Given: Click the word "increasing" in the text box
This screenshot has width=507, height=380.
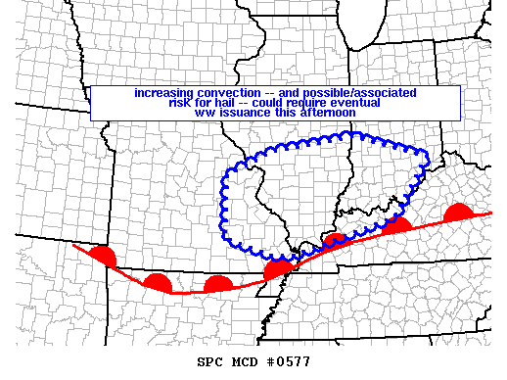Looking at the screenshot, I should pyautogui.click(x=163, y=93).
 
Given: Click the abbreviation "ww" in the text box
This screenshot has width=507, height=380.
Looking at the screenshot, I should pyautogui.click(x=202, y=113).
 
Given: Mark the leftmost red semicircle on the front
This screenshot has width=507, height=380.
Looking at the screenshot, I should pyautogui.click(x=102, y=257).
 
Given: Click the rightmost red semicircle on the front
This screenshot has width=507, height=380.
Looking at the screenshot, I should pyautogui.click(x=458, y=214).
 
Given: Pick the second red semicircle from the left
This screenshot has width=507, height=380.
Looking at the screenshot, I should pyautogui.click(x=157, y=283).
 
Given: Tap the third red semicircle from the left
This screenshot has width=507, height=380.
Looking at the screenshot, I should pyautogui.click(x=217, y=285).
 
